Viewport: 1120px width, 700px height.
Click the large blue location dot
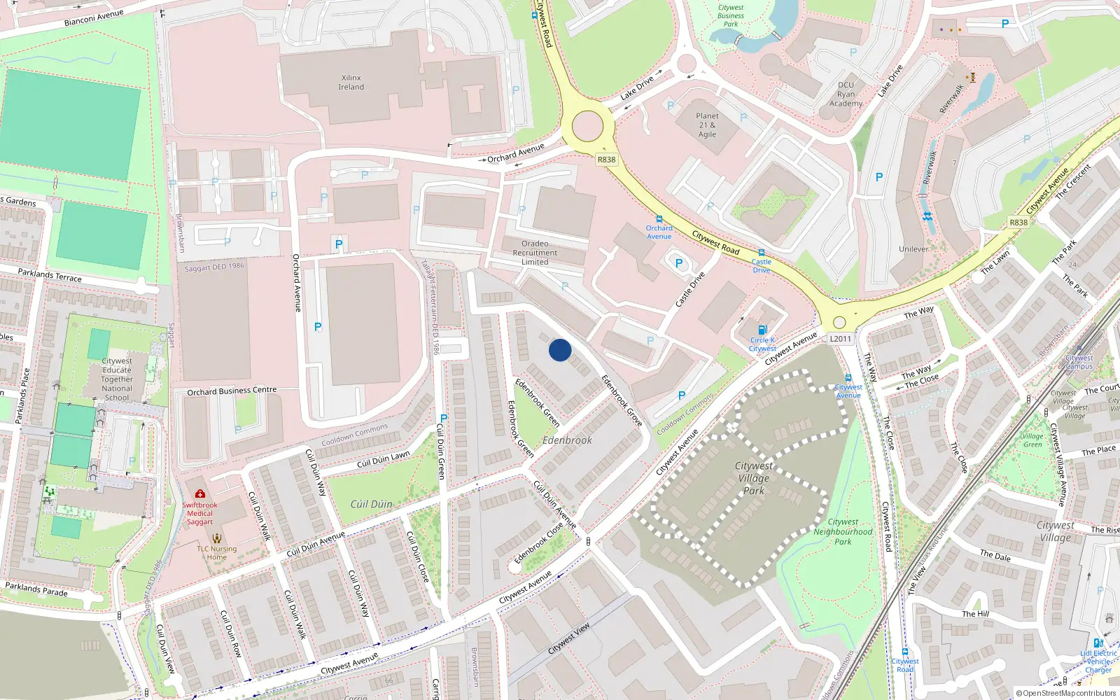coord(560,350)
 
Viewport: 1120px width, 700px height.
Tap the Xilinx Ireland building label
coord(351,83)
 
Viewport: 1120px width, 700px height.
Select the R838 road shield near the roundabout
coord(606,160)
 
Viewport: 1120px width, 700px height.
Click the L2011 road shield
coord(840,339)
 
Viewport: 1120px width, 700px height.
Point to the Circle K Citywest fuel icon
coord(762,330)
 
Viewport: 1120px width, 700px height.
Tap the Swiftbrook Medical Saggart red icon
coord(200,494)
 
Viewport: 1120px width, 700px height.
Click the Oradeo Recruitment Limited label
coord(535,253)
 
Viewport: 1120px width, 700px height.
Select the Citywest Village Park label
coord(753,478)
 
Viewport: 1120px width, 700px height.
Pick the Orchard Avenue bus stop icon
coord(659,219)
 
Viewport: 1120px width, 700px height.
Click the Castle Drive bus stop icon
coord(761,253)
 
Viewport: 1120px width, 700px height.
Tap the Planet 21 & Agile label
coord(707,125)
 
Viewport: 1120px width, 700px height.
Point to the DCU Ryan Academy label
coord(846,94)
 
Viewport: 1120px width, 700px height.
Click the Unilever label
coord(913,249)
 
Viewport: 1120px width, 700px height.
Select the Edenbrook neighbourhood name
coord(567,440)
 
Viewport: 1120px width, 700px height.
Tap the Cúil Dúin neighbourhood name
coord(371,504)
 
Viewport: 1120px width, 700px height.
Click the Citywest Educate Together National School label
coord(117,379)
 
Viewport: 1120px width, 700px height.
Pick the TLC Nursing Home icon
coord(216,538)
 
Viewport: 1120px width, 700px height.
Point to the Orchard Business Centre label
coord(232,391)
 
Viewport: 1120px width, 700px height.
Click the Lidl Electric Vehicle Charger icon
coord(1098,643)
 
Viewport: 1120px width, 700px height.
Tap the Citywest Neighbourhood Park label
coord(843,531)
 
